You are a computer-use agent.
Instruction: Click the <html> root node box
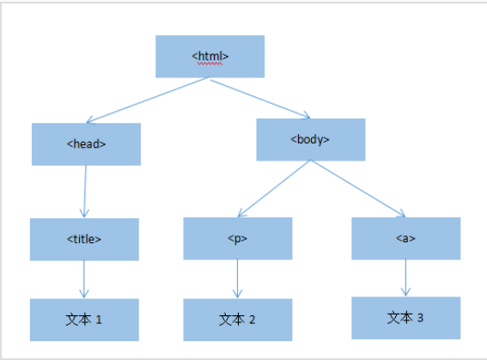210,57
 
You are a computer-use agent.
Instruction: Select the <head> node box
86,144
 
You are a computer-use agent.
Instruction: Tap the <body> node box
310,139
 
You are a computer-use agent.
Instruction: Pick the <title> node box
84,239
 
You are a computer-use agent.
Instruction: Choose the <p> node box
237,239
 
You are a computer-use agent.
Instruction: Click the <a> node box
405,238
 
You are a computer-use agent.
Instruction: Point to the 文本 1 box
84,320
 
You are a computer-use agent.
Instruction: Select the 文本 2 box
237,320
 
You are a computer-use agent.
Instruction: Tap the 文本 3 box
405,318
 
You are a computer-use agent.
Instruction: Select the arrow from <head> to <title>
85,191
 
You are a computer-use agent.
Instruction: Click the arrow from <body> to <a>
358,189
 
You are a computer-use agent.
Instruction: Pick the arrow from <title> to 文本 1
84,279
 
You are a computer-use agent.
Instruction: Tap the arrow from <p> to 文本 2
237,279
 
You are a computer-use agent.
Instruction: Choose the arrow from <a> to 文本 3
405,278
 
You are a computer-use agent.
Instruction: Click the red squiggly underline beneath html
210,63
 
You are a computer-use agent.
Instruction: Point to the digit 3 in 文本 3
420,318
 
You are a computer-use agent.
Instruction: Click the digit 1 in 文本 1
99,320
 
